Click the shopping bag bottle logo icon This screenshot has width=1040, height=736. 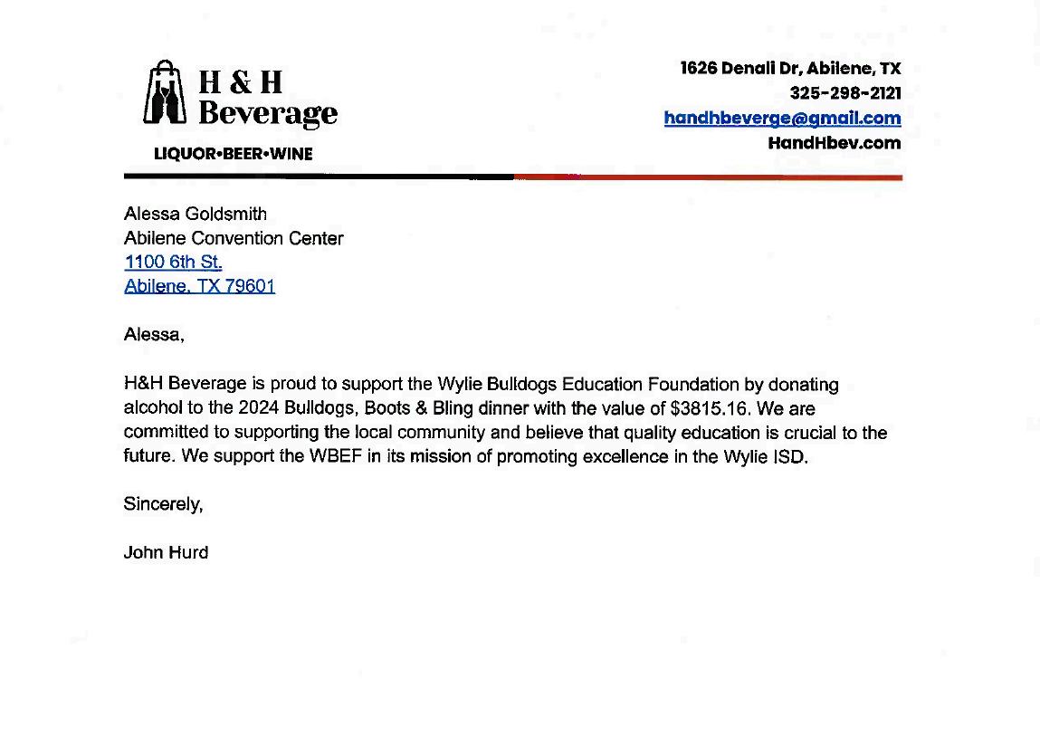coord(165,93)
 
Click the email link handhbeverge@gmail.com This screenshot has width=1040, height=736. coord(782,118)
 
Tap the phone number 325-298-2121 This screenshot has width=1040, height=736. coord(844,93)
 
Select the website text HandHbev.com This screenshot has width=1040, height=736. coord(834,142)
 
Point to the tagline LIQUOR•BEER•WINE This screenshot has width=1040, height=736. coord(233,154)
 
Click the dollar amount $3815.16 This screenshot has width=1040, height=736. coord(711,408)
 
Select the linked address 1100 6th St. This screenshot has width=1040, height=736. coord(173,263)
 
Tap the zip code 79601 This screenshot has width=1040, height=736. coord(250,287)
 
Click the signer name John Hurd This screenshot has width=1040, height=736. coord(166,552)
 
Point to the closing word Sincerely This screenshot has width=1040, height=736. coord(162,504)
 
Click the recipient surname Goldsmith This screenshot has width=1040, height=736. coord(225,215)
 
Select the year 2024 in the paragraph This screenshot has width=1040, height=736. coord(258,408)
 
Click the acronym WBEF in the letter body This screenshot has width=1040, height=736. coord(336,456)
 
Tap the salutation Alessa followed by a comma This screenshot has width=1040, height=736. coord(153,335)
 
